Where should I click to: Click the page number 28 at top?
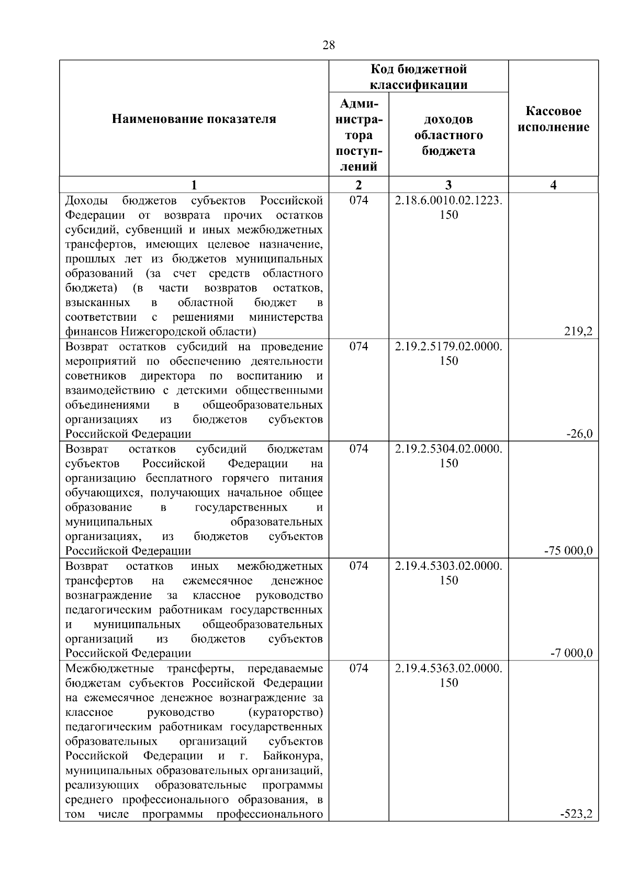tap(329, 45)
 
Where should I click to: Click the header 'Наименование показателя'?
tap(194, 119)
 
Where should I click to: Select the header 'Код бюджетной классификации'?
tap(419, 77)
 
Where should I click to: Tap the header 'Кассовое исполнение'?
tap(553, 119)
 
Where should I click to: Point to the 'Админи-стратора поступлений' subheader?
tap(358, 135)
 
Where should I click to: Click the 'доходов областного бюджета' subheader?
tap(448, 135)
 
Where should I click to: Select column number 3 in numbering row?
tap(448, 185)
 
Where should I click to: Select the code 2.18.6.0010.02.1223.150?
tap(448, 208)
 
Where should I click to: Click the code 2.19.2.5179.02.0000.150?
tap(448, 354)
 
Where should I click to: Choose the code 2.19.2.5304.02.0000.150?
tap(448, 456)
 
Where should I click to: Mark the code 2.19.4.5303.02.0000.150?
tap(448, 573)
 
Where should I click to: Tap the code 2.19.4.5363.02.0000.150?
tap(448, 676)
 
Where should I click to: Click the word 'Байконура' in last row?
tap(293, 756)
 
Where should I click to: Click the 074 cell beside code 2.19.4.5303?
tap(358, 566)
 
